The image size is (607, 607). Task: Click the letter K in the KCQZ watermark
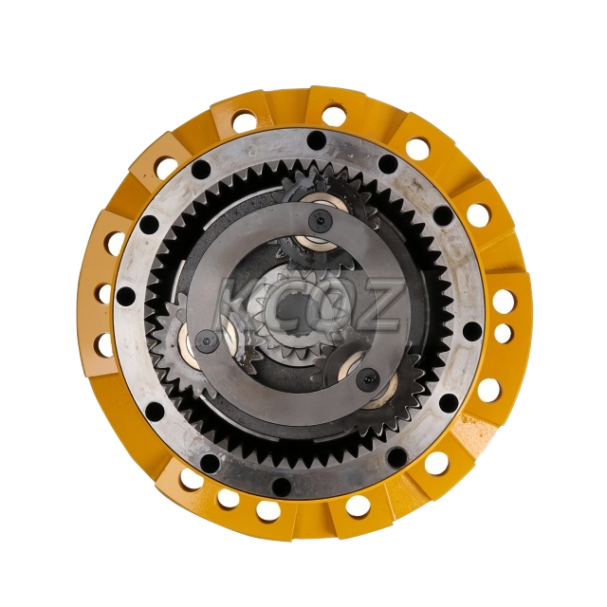[x=240, y=305]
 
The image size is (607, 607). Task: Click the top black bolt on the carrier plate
[x=319, y=221]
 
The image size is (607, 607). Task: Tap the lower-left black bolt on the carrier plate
[x=206, y=340]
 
